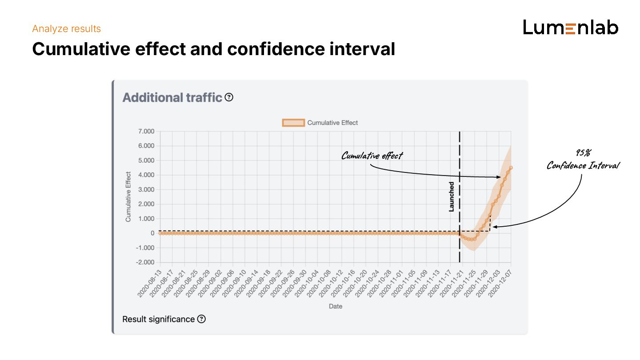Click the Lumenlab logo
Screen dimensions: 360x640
[571, 28]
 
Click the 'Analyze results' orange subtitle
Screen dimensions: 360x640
[67, 29]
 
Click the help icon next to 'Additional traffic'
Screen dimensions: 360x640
[229, 97]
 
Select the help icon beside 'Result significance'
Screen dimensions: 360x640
[201, 319]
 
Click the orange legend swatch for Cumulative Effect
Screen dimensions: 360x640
[293, 123]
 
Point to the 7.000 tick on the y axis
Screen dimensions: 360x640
[145, 131]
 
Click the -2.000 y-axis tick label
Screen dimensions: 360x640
[144, 262]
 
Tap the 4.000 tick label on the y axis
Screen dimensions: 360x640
[145, 175]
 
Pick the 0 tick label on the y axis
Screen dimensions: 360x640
[152, 233]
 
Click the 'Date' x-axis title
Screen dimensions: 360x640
[336, 306]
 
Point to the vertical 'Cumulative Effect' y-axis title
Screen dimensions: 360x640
[128, 197]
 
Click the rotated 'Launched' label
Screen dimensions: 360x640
[452, 196]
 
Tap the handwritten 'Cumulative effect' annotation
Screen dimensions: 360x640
[372, 156]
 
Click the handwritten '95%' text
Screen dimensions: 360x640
[583, 153]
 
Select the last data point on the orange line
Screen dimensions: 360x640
[511, 168]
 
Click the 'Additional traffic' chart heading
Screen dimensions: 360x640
[172, 97]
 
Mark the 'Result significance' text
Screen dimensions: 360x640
[158, 319]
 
